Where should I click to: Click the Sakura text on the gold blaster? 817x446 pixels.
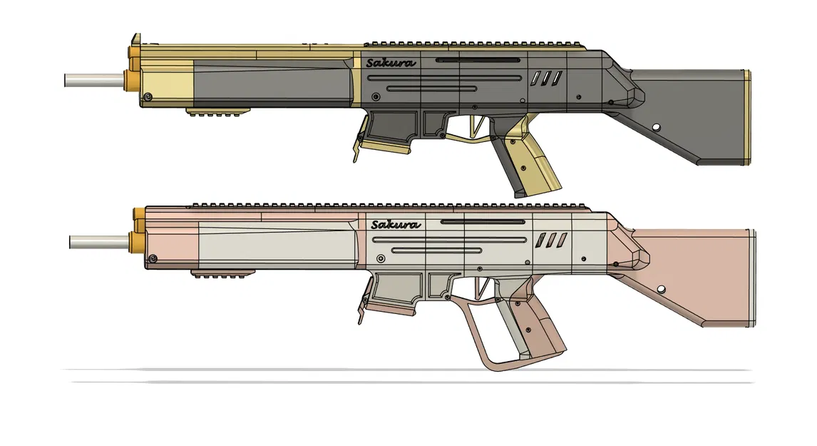coord(390,63)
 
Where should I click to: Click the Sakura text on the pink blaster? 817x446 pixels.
coord(395,225)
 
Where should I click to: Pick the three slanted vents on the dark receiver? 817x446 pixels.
coord(545,78)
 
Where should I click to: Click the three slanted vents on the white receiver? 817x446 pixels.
coord(552,240)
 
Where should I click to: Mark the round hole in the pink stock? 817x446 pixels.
coord(660,289)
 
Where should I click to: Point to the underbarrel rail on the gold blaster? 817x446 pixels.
coord(219,111)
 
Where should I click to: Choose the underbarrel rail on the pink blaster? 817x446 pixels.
coord(224,273)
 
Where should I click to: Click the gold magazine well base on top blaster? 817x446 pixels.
coord(385,146)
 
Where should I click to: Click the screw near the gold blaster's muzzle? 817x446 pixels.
coord(148,96)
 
